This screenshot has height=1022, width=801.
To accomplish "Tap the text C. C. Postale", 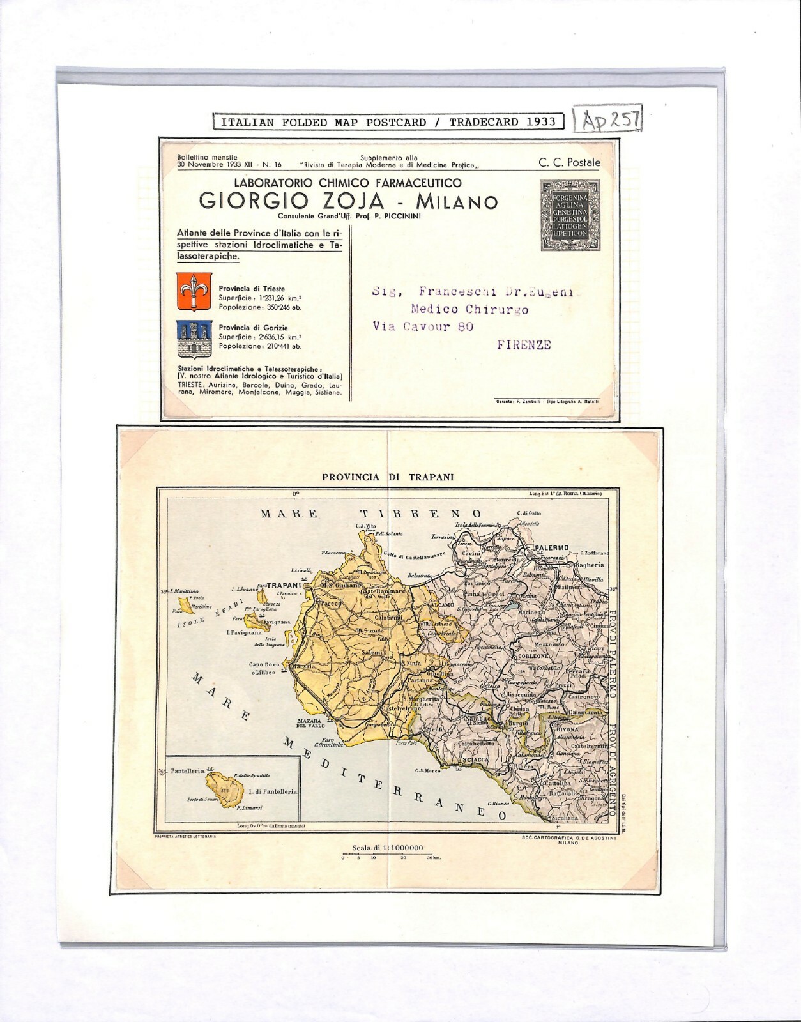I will tap(569, 162).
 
